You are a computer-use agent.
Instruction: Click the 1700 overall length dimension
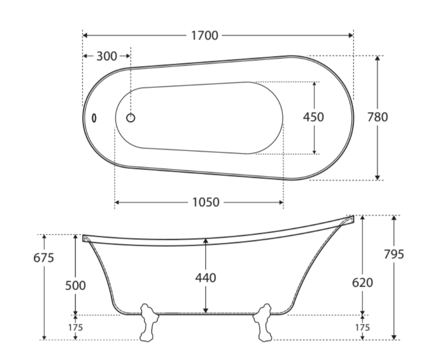point(205,35)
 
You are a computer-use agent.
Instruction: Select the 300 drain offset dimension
point(107,56)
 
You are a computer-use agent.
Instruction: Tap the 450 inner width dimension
point(313,117)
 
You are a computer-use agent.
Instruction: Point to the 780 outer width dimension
point(377,117)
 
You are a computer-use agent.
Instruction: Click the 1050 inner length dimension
point(206,203)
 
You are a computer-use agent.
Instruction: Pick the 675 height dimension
point(44,258)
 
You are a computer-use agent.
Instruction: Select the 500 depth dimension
point(76,285)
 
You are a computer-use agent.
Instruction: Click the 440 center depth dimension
point(206,278)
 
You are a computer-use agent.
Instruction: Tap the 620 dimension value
point(362,282)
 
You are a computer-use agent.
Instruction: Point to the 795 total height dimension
point(393,254)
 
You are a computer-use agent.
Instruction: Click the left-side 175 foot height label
point(75,328)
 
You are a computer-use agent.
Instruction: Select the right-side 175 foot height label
point(362,328)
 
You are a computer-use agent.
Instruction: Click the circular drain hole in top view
point(131,118)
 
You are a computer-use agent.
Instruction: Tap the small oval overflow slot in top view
point(94,118)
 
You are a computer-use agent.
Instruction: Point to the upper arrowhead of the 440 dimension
point(206,241)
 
